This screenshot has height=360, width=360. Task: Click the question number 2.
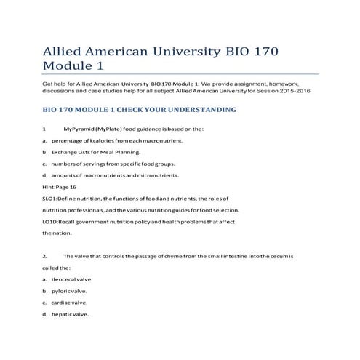(x=44, y=256)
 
